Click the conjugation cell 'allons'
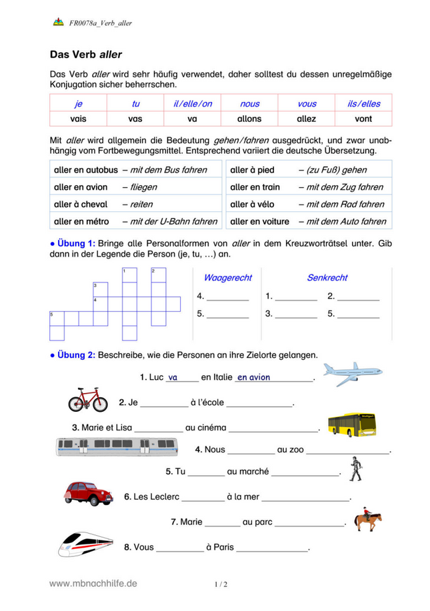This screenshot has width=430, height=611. [x=249, y=119]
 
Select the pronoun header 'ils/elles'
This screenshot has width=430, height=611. [x=363, y=103]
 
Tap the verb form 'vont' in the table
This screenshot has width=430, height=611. [x=363, y=119]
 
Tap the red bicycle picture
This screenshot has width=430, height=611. [x=87, y=400]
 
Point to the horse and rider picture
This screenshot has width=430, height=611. [x=367, y=520]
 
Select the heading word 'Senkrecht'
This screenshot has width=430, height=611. [x=327, y=277]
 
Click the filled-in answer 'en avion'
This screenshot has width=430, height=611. [x=254, y=377]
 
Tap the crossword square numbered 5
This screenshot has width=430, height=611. [x=57, y=318]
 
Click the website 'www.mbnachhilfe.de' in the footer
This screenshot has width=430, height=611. [x=93, y=583]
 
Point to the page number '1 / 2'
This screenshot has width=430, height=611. [x=221, y=585]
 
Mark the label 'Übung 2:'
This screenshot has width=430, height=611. [x=75, y=354]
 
